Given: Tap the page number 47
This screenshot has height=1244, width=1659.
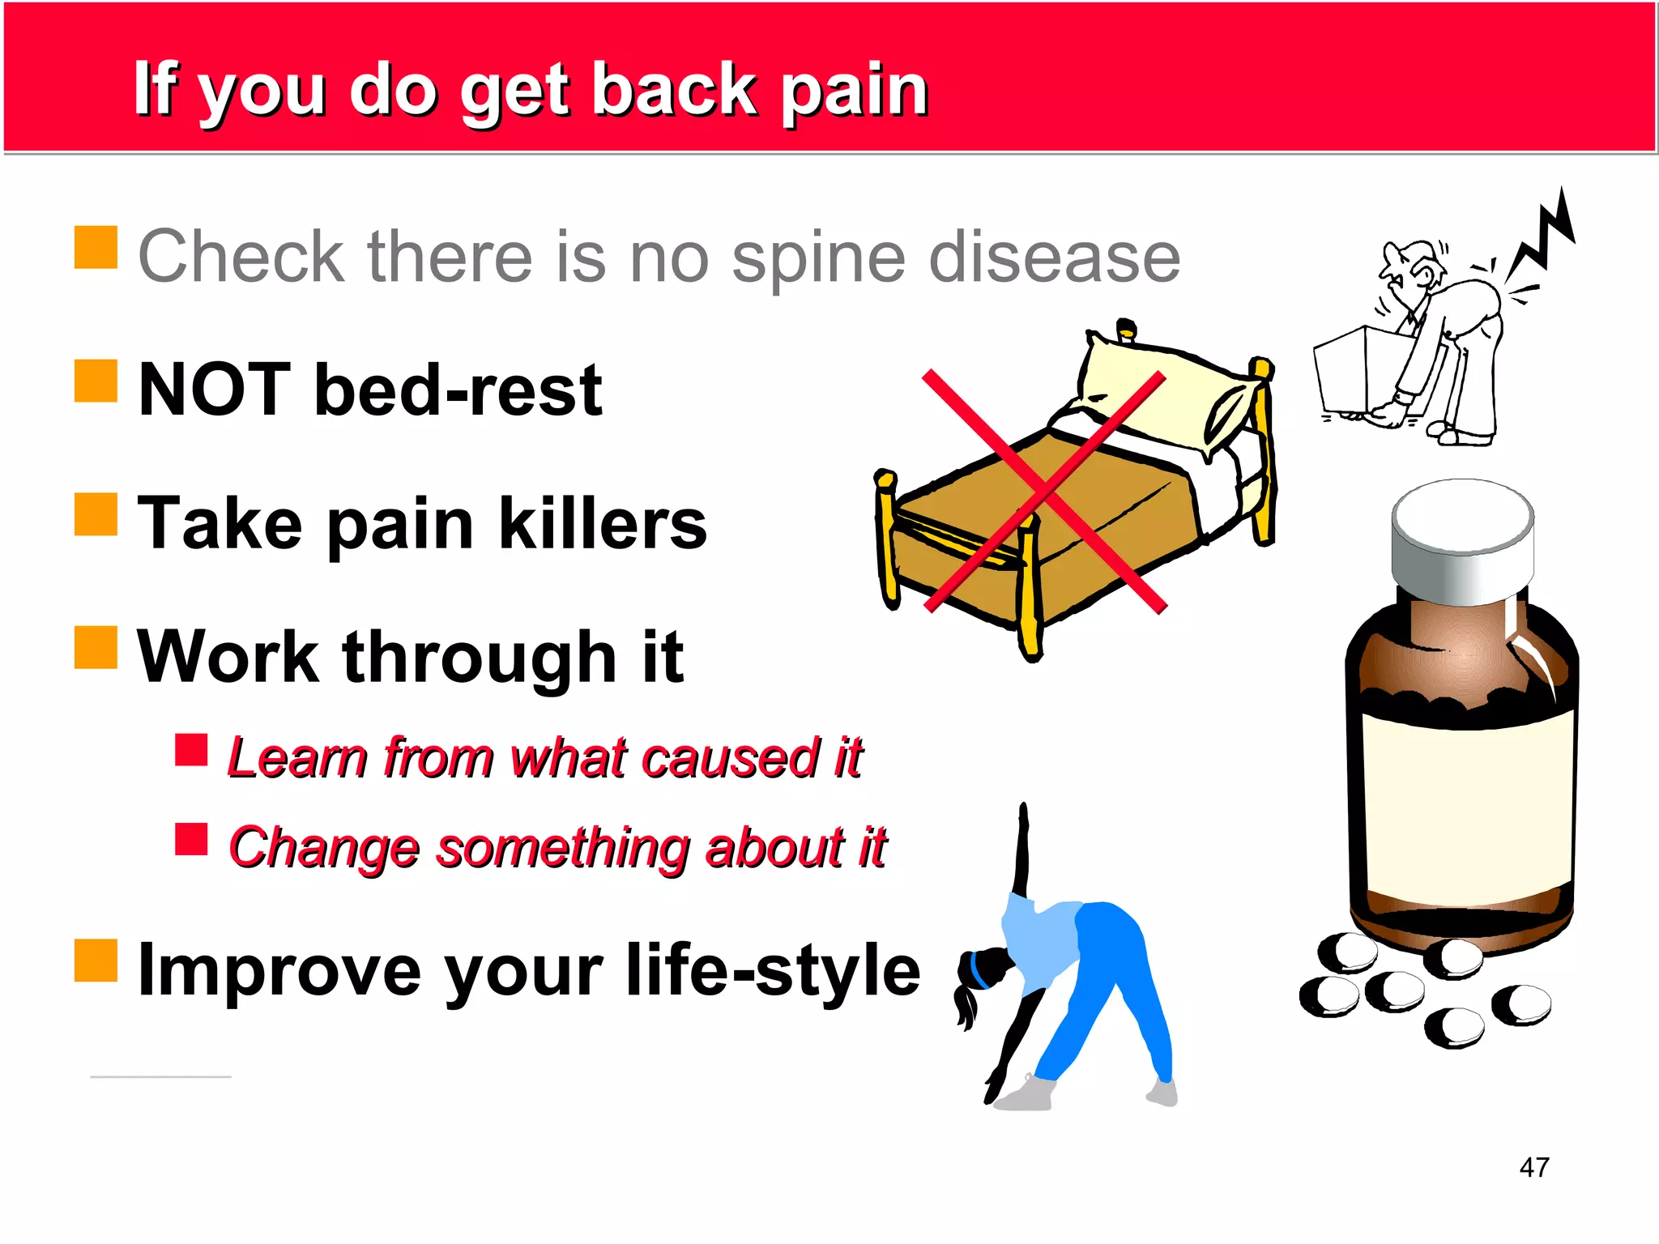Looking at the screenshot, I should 1534,1167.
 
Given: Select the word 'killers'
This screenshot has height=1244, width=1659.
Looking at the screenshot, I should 602,524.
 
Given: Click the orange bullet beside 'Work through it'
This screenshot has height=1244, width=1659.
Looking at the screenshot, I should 96,647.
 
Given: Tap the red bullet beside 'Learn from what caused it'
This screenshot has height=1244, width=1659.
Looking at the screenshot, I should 191,750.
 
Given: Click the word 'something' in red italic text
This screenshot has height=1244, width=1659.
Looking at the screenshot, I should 563,848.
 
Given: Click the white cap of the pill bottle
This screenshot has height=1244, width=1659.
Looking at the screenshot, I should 1462,535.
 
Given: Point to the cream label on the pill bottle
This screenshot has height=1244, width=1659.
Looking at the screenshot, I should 1468,810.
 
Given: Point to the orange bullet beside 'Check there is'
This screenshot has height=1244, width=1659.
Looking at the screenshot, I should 96,247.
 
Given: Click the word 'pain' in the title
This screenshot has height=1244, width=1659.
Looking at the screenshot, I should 854,91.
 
